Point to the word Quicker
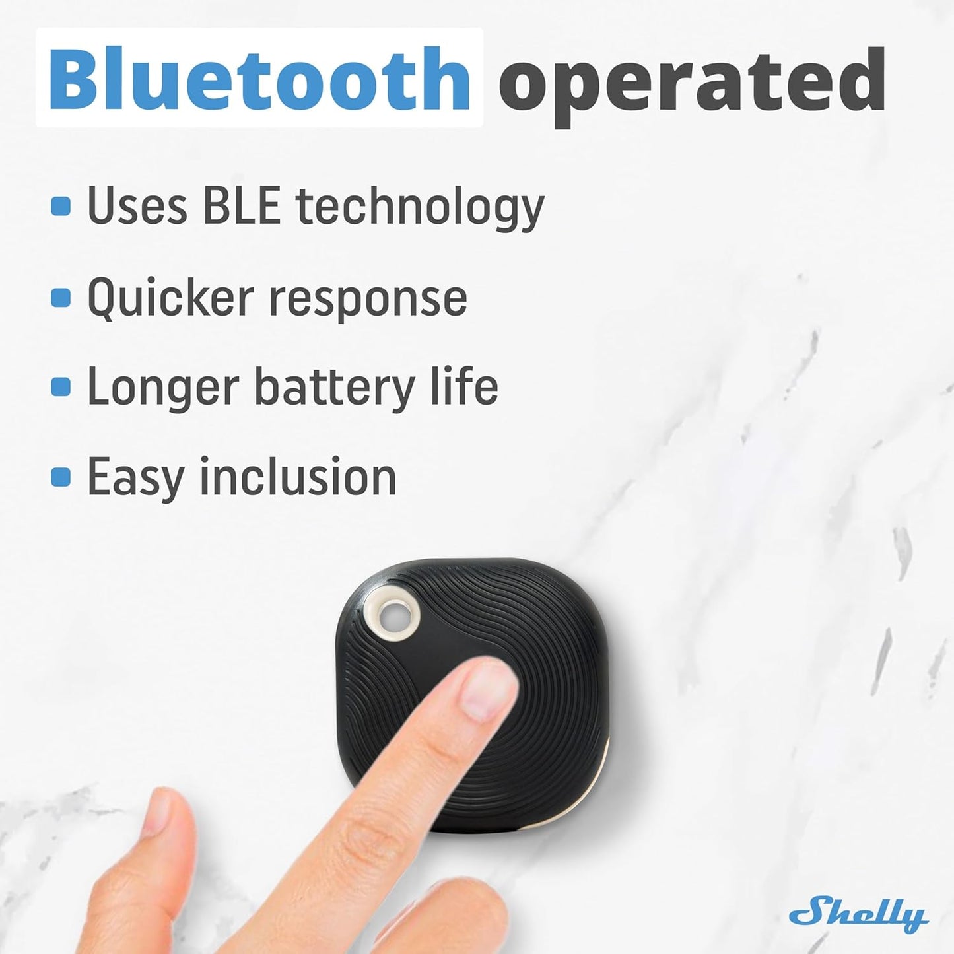pyautogui.click(x=170, y=298)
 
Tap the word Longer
pyautogui.click(x=162, y=388)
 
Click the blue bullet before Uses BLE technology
pyautogui.click(x=61, y=206)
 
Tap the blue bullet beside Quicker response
pyautogui.click(x=61, y=297)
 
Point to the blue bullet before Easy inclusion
pyautogui.click(x=61, y=476)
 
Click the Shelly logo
pyautogui.click(x=858, y=913)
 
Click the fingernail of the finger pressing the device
pyautogui.click(x=488, y=690)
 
